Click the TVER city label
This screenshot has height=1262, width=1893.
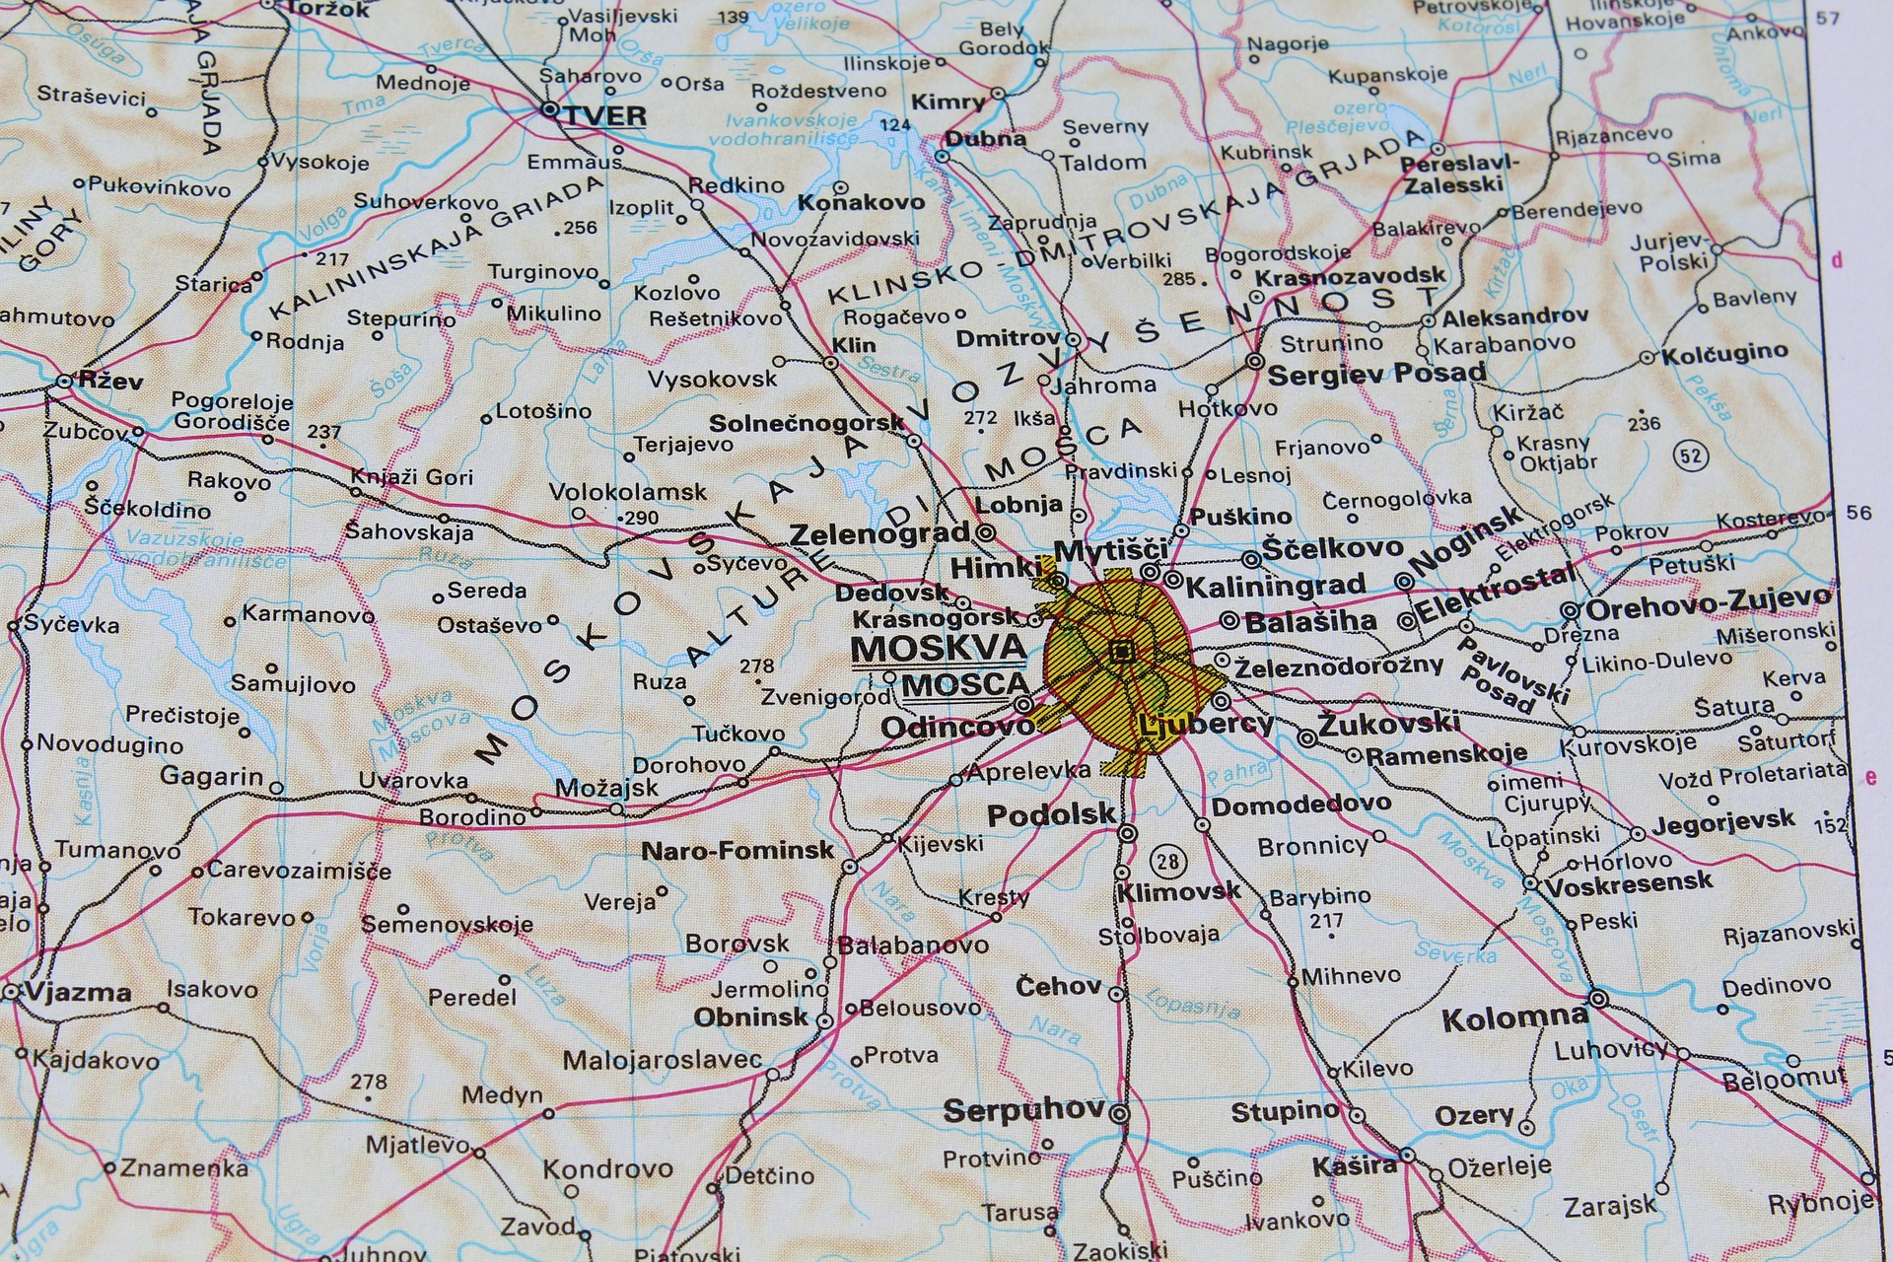(x=604, y=115)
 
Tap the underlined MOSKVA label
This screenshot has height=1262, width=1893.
(x=938, y=649)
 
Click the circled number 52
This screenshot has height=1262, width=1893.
(x=1690, y=456)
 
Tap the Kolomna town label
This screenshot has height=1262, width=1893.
(x=1514, y=1017)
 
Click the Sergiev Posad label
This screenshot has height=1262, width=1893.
(x=1376, y=374)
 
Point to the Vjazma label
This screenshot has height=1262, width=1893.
(x=79, y=992)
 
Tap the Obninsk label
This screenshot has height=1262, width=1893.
(x=750, y=1017)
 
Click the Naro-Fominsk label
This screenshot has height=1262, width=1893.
(x=737, y=850)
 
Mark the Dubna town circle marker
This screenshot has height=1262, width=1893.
(x=942, y=156)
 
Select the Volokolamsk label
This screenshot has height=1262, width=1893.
(x=627, y=491)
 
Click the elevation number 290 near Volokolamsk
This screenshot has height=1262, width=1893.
(x=642, y=518)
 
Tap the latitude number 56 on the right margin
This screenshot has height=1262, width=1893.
(x=1858, y=513)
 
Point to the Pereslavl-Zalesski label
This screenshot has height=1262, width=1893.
(x=1459, y=174)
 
